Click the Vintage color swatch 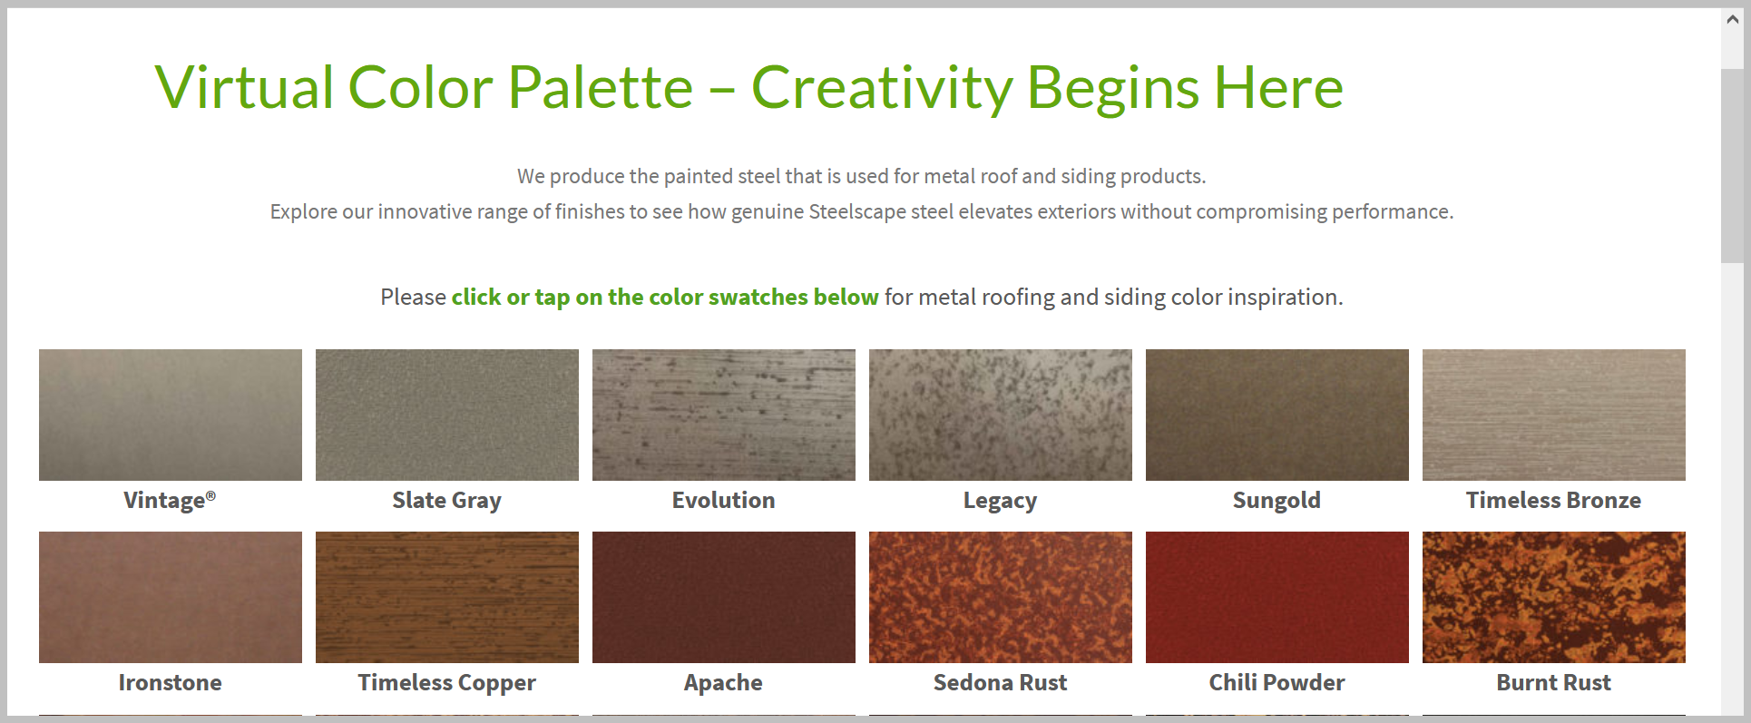(x=171, y=415)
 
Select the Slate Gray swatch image (x=447, y=415)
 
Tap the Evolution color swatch (x=724, y=415)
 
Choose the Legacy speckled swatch (x=1001, y=415)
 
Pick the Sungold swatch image (x=1277, y=415)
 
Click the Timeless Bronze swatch (x=1554, y=415)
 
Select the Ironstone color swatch (x=171, y=597)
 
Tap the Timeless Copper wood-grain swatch (x=447, y=597)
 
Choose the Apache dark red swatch (x=724, y=597)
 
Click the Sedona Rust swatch (x=1001, y=597)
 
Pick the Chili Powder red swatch (x=1277, y=597)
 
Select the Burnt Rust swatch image (x=1554, y=597)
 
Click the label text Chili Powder (x=1277, y=682)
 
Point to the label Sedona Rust (x=1000, y=682)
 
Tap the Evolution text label (x=723, y=500)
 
